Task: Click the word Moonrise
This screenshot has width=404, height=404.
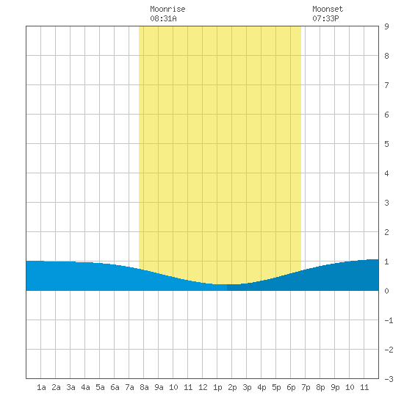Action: tap(167, 9)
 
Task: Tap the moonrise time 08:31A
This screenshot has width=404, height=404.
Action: tap(163, 18)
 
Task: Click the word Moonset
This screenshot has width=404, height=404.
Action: tap(328, 9)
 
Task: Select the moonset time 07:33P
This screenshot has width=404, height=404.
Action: tap(325, 18)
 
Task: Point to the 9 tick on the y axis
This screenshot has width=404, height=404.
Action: tap(386, 26)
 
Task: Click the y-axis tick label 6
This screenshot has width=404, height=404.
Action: tap(386, 115)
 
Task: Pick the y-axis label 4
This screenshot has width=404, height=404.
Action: tap(386, 173)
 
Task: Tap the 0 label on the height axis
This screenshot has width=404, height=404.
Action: tap(386, 291)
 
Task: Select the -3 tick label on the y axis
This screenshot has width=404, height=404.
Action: tap(389, 379)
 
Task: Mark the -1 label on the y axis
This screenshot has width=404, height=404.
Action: tap(389, 320)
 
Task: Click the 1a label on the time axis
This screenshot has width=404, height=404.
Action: tap(41, 387)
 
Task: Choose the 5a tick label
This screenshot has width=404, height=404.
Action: tap(100, 387)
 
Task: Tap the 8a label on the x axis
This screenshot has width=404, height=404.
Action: tap(144, 387)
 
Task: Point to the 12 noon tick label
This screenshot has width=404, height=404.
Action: tap(203, 387)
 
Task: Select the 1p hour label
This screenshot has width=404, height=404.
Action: tap(217, 387)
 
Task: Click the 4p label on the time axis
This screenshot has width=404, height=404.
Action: tap(261, 387)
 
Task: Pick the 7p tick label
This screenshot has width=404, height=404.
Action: tap(306, 387)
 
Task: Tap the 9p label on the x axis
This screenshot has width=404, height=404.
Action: tap(335, 387)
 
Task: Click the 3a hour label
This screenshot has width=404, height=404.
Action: tap(71, 387)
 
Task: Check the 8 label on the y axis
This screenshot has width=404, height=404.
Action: tap(386, 56)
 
